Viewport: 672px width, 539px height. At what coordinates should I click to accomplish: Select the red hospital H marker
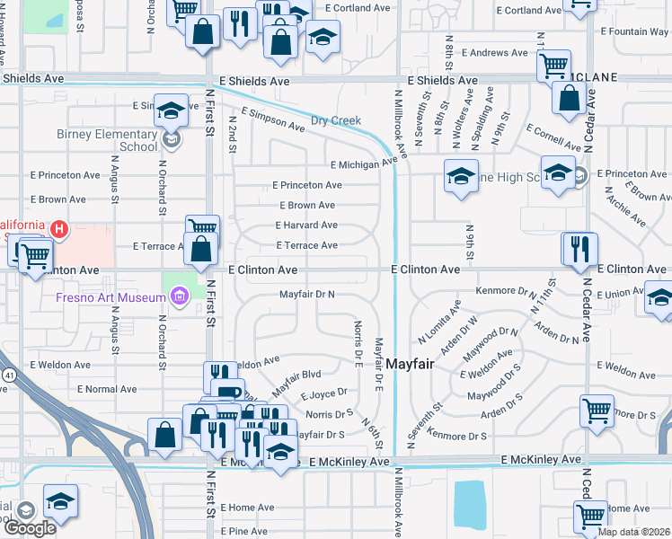[x=59, y=229]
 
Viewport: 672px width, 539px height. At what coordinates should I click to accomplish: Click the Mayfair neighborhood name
[x=416, y=364]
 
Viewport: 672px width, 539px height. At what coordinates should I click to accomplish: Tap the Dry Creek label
[x=336, y=120]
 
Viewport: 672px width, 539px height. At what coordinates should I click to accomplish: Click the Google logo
[x=30, y=527]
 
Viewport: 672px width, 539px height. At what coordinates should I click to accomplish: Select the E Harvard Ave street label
[x=306, y=225]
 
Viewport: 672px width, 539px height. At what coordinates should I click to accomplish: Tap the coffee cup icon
[x=229, y=393]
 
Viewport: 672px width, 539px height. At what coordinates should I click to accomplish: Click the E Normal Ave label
[x=106, y=390]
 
